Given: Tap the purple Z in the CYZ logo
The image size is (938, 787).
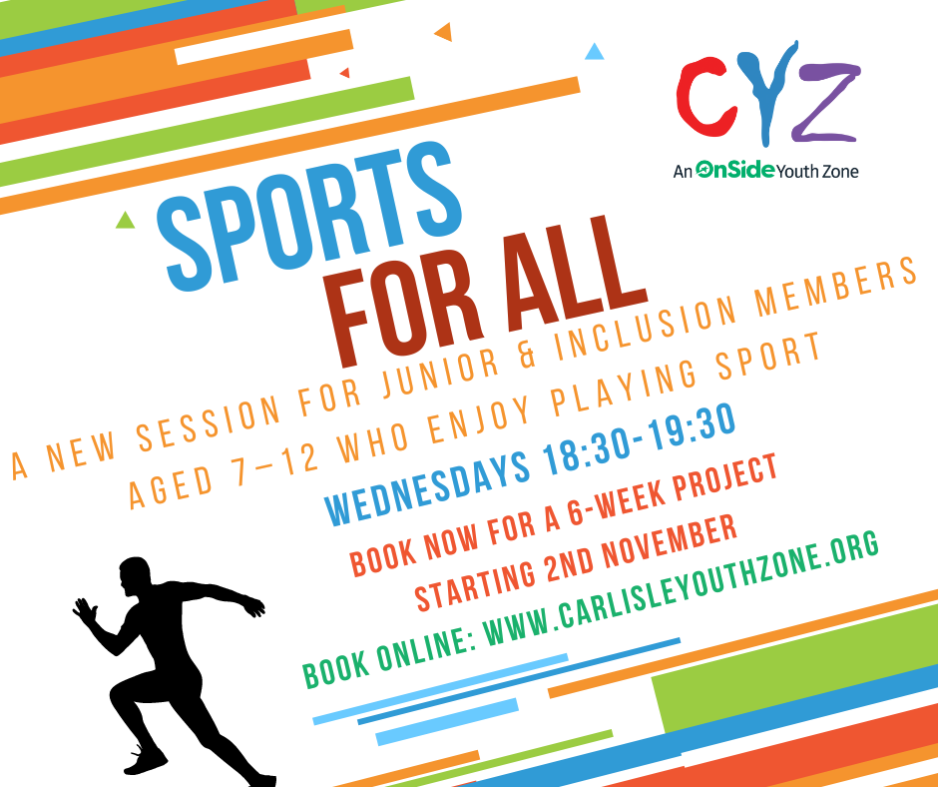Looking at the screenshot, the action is pos(826,103).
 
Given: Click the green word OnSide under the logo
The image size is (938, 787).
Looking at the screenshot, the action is pos(735,170).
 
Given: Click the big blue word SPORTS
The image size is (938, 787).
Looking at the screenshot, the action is pos(312,216).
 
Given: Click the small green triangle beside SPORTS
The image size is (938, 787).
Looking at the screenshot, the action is pos(125,221).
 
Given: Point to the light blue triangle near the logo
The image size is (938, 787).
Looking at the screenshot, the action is pos(594,52).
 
